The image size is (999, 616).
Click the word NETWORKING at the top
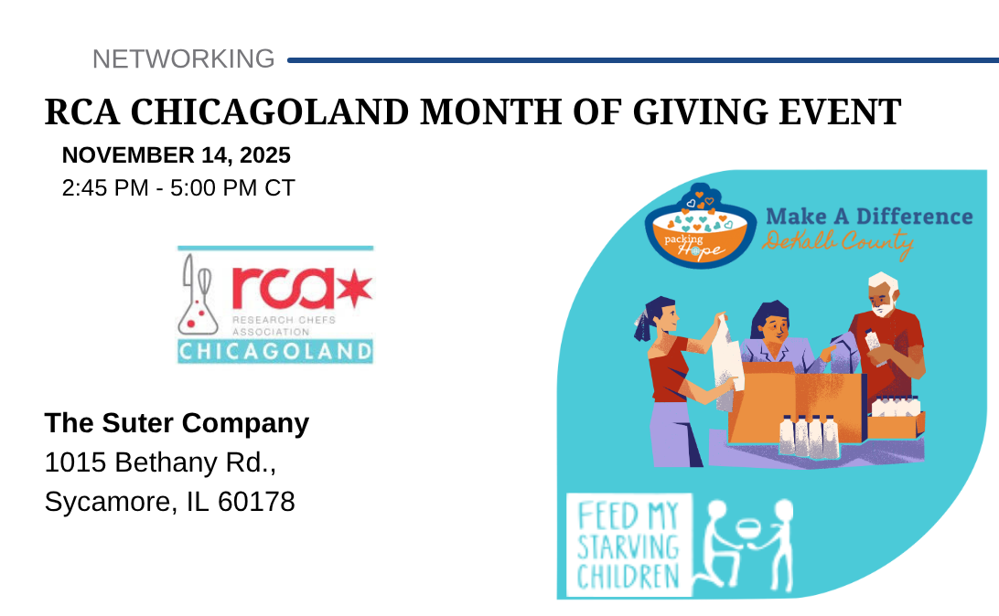(184, 59)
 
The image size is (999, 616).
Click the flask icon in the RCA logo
(198, 294)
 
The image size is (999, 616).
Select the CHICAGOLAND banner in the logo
(275, 351)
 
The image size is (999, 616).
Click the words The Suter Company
(177, 423)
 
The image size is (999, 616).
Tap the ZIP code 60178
(256, 502)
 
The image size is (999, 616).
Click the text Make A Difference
(869, 217)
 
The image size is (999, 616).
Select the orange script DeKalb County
(838, 243)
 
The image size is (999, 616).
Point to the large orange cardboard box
(797, 404)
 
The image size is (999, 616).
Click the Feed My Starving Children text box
(628, 545)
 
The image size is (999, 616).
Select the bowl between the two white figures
(749, 529)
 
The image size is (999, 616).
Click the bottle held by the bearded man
(875, 346)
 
